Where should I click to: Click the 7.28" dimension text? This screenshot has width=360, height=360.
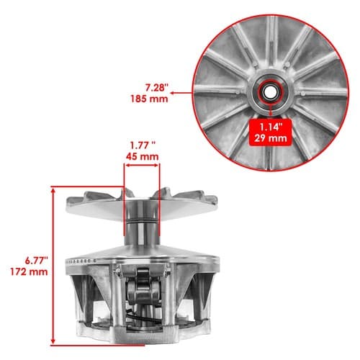(x=156, y=88)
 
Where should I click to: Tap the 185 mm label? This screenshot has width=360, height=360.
(x=149, y=99)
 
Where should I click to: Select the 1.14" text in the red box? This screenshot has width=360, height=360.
(x=271, y=127)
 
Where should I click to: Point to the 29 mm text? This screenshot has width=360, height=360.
(x=271, y=138)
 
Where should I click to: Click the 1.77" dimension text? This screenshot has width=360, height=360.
(x=143, y=145)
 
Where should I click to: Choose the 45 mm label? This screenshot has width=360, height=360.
(x=142, y=156)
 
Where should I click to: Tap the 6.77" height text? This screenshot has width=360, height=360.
(x=37, y=261)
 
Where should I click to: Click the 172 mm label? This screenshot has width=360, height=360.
(x=29, y=271)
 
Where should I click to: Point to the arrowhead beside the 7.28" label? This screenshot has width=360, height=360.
(x=172, y=93)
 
